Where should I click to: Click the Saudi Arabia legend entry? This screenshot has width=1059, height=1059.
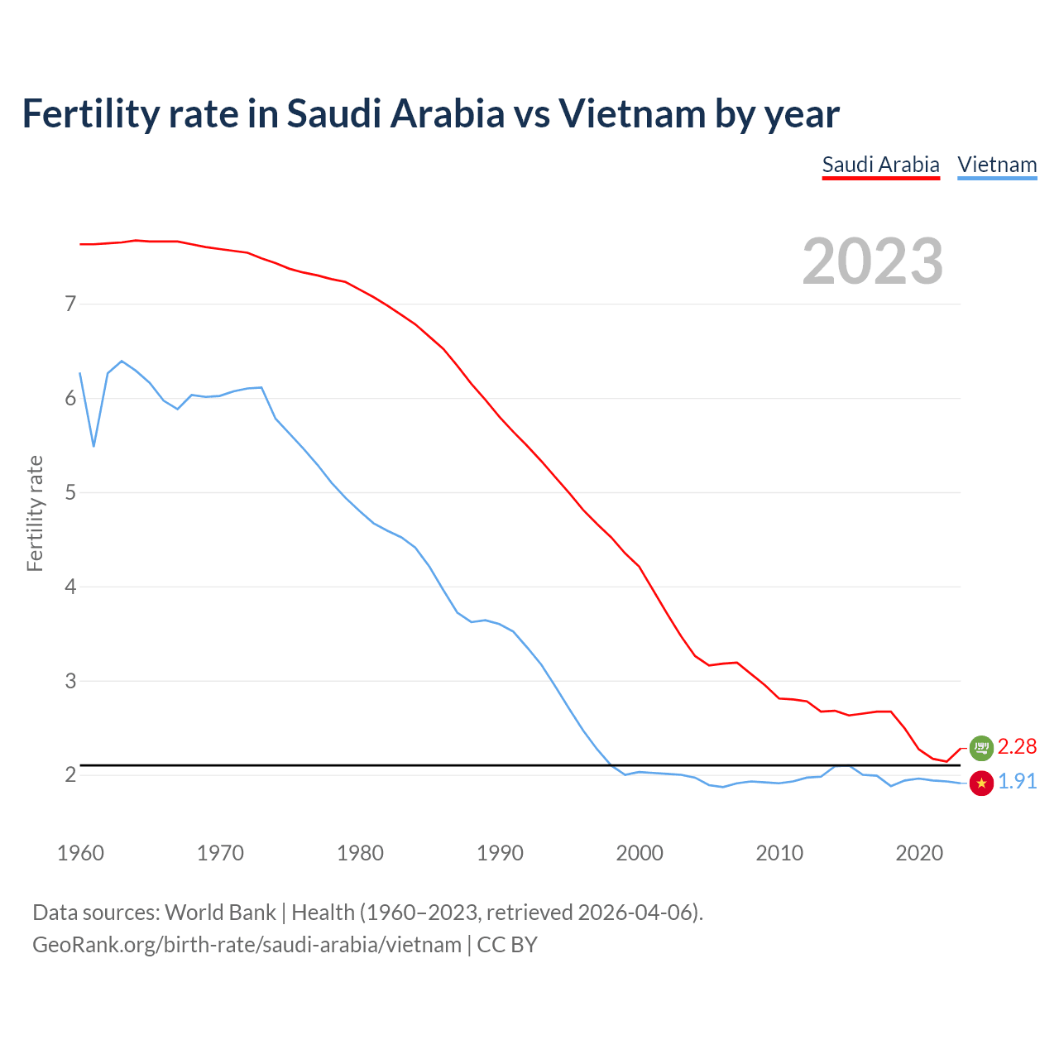(x=880, y=165)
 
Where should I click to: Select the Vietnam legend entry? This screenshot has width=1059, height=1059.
(x=997, y=165)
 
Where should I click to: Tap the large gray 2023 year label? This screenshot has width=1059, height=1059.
(x=873, y=261)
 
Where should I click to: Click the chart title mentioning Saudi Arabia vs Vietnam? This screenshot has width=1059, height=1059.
(x=430, y=113)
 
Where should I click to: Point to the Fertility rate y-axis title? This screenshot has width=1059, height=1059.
(x=35, y=513)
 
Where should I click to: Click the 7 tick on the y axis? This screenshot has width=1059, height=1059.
(x=70, y=304)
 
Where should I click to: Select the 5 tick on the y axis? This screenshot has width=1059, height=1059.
(x=70, y=492)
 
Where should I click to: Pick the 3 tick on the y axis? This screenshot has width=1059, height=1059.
(x=70, y=681)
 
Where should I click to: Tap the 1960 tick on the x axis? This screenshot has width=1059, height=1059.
(x=80, y=853)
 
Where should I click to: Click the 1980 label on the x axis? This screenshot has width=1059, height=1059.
(x=360, y=853)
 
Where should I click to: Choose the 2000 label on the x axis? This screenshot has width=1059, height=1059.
(x=640, y=853)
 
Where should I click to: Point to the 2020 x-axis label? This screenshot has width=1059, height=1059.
(x=919, y=853)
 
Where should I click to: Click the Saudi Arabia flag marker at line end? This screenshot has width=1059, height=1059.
(x=981, y=747)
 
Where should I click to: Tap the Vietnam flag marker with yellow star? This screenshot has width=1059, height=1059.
(x=981, y=783)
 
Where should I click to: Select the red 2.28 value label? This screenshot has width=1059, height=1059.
(x=1017, y=747)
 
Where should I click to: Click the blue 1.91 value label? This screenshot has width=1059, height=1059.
(x=1017, y=782)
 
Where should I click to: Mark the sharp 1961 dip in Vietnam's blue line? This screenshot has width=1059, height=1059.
(x=93, y=446)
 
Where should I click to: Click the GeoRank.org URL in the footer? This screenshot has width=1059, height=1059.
(x=247, y=945)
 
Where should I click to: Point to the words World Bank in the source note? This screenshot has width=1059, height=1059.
(x=220, y=913)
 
